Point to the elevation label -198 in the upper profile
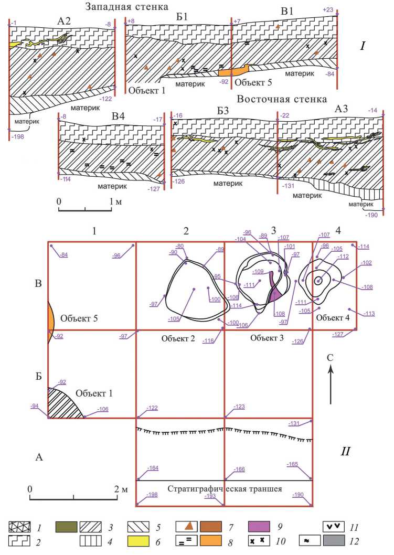coord(18,136)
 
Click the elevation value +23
coord(328,10)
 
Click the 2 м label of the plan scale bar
coord(121,489)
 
